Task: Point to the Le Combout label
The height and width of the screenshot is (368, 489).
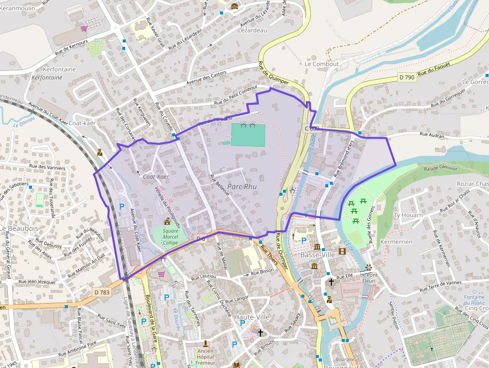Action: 321,64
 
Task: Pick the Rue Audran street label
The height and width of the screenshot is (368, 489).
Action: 432,134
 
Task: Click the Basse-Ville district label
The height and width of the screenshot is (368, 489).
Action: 317,255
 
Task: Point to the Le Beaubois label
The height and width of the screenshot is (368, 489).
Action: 19,228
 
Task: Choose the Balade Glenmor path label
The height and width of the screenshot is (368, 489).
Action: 441,168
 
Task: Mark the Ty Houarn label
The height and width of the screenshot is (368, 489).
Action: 408,215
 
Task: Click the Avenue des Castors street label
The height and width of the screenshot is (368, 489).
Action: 206,78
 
